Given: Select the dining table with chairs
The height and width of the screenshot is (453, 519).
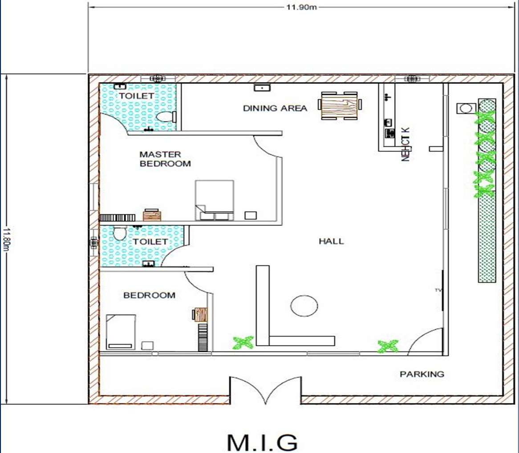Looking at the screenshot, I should [340, 105].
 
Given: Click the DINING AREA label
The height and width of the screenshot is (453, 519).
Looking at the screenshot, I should [275, 108].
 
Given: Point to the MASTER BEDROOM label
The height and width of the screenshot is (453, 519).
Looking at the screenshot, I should [165, 159].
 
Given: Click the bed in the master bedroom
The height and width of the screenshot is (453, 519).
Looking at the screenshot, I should [214, 200].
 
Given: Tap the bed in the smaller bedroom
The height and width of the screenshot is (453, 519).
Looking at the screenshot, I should [121, 331].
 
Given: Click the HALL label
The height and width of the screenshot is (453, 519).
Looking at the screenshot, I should [331, 241].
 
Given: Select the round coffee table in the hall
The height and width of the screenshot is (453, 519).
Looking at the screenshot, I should [304, 306].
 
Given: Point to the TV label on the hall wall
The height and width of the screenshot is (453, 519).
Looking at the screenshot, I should [438, 290].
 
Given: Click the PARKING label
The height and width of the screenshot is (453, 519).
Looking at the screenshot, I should [422, 374].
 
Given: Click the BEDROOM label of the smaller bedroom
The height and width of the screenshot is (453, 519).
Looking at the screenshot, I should [149, 295].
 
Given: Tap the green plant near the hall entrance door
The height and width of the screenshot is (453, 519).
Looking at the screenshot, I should [388, 346].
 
